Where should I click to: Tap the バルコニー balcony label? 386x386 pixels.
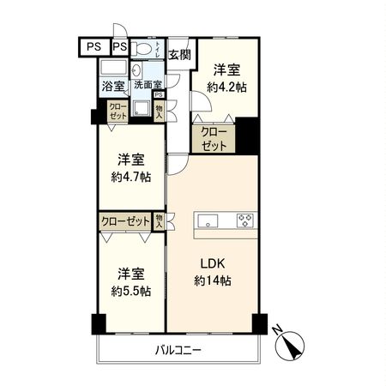point(178,350)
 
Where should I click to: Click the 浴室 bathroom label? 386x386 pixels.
point(113,86)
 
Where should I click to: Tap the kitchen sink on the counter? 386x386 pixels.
point(208,221)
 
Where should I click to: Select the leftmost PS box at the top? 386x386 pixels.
point(94,46)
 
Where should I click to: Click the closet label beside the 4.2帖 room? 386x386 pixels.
point(214,139)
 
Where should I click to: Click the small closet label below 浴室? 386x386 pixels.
point(116,110)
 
